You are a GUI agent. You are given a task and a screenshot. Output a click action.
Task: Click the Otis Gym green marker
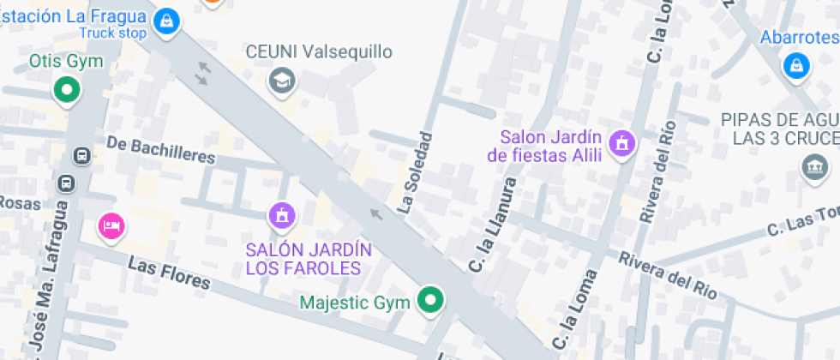pyautogui.click(x=66, y=88)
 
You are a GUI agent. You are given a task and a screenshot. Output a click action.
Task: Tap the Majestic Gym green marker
pyautogui.click(x=430, y=300)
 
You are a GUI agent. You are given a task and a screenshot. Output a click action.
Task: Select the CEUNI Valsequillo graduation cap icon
pyautogui.click(x=280, y=81)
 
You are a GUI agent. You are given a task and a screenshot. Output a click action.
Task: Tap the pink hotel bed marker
pyautogui.click(x=111, y=226)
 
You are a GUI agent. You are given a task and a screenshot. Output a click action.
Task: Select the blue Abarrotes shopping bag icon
pyautogui.click(x=796, y=64)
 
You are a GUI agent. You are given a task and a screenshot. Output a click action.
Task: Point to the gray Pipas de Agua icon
pyautogui.click(x=812, y=166)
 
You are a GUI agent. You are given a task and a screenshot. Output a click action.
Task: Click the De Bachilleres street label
pyautogui.click(x=161, y=149)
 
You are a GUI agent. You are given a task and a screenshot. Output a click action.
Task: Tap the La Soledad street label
pyautogui.click(x=415, y=171)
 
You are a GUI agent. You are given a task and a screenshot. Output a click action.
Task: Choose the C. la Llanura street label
pyautogui.click(x=493, y=225)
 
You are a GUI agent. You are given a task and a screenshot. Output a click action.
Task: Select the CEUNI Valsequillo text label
pyautogui.click(x=319, y=52)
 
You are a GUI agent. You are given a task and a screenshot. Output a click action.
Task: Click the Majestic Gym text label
pyautogui.click(x=355, y=302)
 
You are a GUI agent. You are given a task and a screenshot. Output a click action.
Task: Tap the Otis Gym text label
pyautogui.click(x=66, y=61)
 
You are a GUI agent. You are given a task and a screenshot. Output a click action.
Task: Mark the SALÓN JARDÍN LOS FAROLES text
pyautogui.click(x=309, y=259)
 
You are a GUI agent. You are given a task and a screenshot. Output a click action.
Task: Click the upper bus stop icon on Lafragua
pyautogui.click(x=82, y=156)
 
